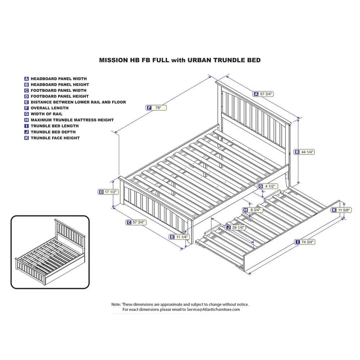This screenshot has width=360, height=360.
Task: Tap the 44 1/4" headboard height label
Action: (x=305, y=152)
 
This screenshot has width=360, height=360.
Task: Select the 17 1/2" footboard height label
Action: (x=108, y=192)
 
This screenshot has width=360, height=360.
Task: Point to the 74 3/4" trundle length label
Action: (x=305, y=242)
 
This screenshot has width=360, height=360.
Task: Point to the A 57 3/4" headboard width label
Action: (x=264, y=94)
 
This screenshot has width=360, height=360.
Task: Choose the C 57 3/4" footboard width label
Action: (x=136, y=222)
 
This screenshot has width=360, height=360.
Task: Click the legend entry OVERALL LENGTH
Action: (x=49, y=108)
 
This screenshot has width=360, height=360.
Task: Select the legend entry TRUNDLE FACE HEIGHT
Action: (x=55, y=138)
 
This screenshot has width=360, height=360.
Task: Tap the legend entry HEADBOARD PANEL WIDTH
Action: (x=58, y=78)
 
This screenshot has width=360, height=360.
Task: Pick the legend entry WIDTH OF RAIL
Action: (x=46, y=114)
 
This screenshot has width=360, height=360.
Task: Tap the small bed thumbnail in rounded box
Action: (x=50, y=252)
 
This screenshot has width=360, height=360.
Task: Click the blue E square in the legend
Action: (x=26, y=102)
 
